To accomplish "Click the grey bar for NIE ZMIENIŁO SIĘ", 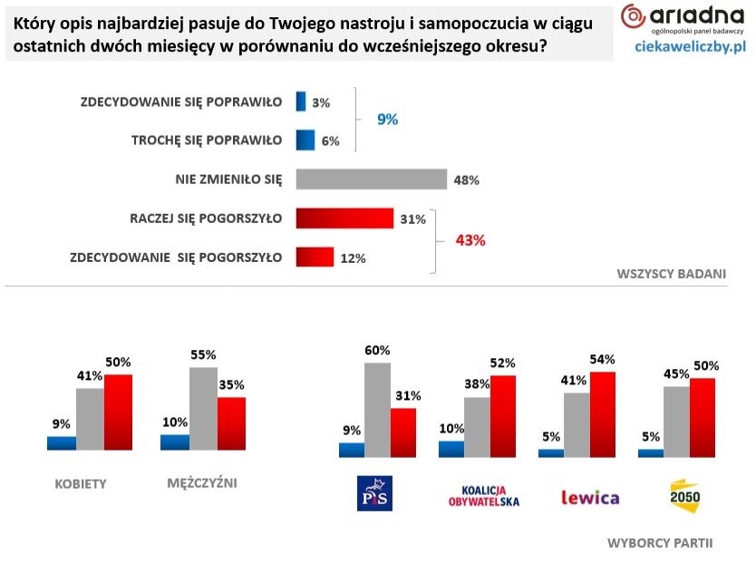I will (372, 179).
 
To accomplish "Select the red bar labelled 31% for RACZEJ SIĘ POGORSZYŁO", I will (344, 218).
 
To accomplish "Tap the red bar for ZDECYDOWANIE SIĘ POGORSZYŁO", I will (315, 257).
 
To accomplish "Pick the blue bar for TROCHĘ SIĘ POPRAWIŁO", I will (305, 140).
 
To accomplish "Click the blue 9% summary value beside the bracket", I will (388, 120).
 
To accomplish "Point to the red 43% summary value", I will (470, 240).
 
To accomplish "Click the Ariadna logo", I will (682, 18).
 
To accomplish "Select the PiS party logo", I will (375, 493).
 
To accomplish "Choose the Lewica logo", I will (590, 497).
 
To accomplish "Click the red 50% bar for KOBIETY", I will (118, 412).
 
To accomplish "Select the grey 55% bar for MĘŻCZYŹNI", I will (203, 408).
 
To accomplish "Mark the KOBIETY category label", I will (81, 483).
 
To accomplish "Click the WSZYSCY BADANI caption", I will (671, 273).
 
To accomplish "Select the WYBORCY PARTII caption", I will (659, 542).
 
